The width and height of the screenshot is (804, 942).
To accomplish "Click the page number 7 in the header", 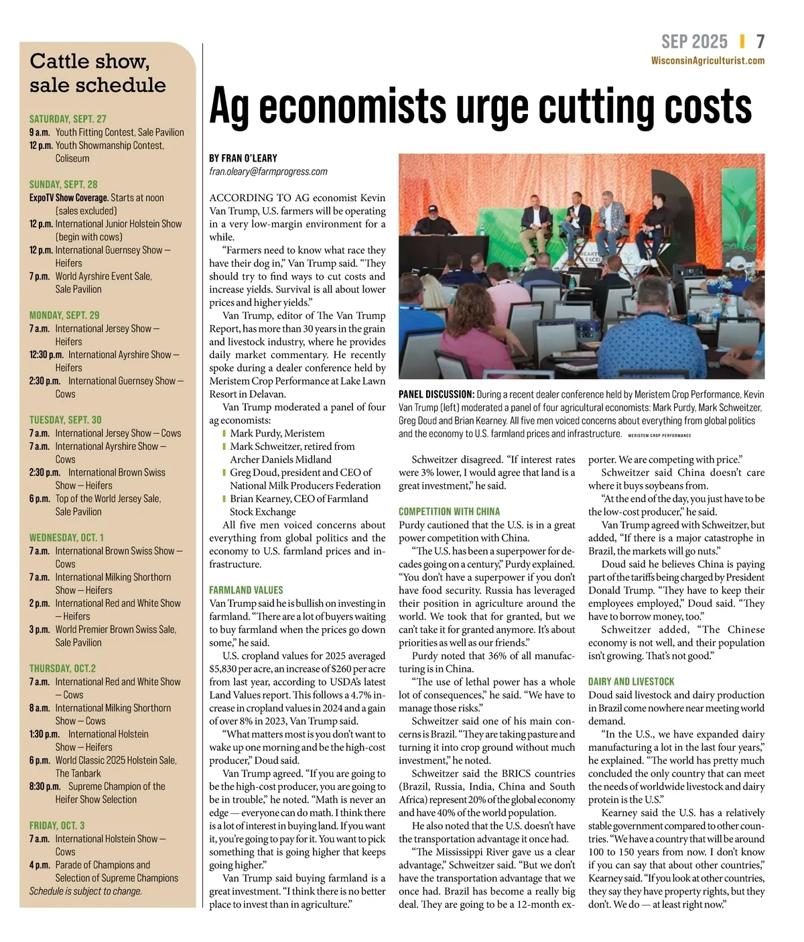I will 760,42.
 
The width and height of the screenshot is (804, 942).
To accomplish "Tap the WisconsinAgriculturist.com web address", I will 708,60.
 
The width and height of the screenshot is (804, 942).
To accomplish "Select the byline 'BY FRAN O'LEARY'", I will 243,158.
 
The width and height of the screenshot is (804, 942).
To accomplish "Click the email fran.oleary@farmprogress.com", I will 268,172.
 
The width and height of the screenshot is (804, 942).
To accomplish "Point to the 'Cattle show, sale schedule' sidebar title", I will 97,73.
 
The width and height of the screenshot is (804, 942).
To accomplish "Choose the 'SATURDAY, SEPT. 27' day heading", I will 68,119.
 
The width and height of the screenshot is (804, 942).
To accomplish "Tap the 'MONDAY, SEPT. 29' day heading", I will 64,315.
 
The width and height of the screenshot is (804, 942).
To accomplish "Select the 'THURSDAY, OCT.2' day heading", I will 62,668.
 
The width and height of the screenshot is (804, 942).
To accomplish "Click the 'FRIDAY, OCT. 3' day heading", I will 57,825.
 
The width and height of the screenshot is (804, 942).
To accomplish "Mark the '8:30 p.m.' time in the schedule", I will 45,786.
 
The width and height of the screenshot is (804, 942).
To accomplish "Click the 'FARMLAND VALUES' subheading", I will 246,590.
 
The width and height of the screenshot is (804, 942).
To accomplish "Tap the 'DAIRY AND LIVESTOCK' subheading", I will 631,681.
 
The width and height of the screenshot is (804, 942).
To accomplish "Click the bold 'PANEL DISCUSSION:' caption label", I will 436,394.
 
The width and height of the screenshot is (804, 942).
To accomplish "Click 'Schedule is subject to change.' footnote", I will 86,891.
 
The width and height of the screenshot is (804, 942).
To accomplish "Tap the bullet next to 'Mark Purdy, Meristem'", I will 224,433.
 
